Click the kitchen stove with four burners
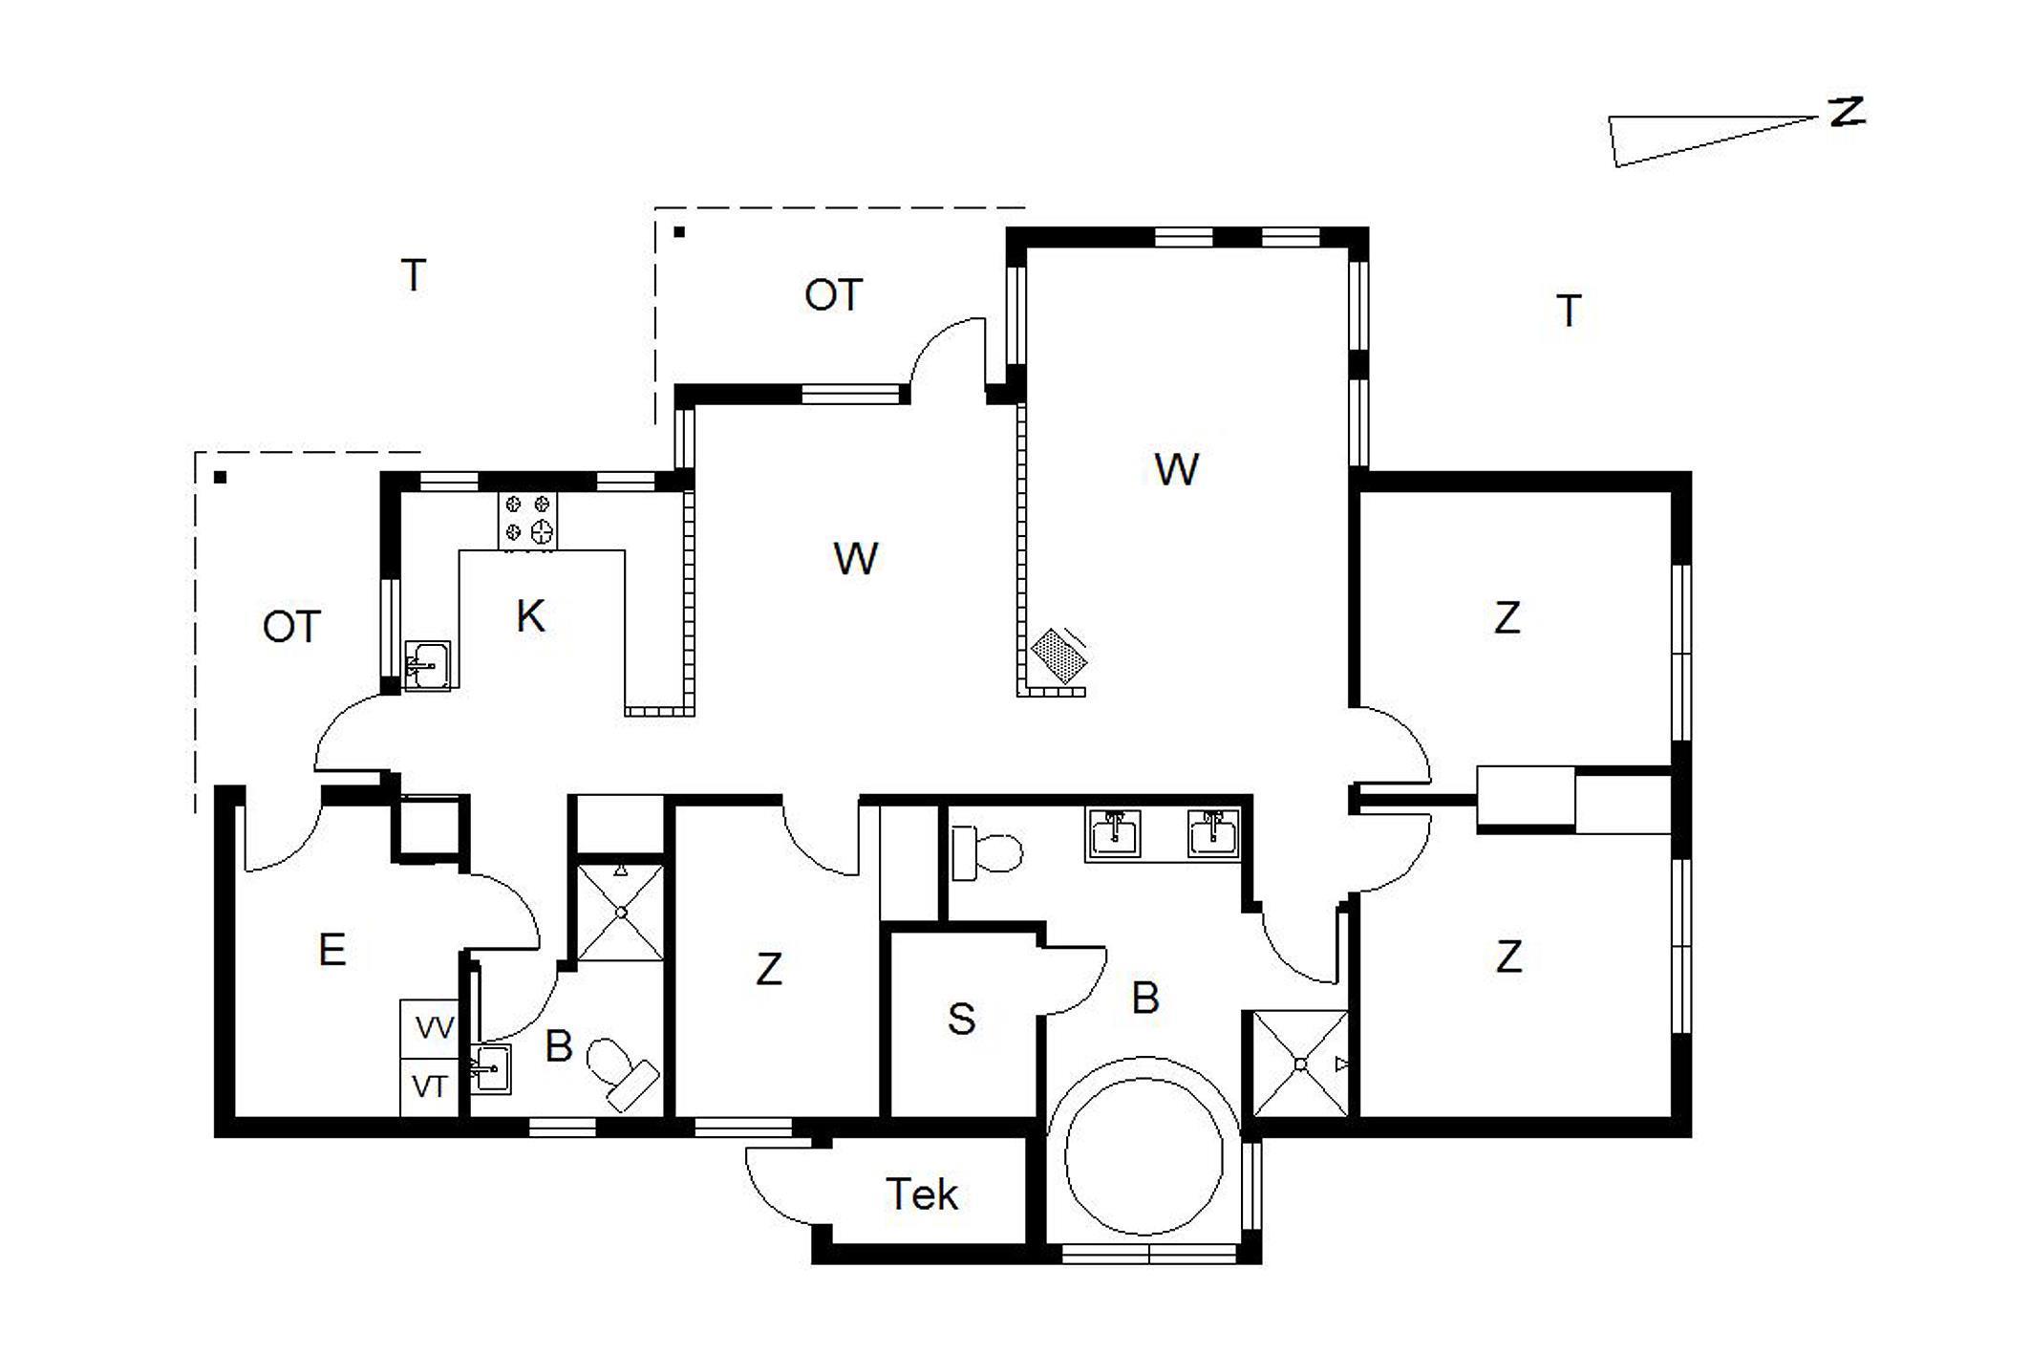coord(527,521)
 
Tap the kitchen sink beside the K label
coord(427,664)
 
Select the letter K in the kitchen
coord(530,616)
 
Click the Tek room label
coord(921,1194)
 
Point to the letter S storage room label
coord(961,1020)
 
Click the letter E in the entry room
coord(331,950)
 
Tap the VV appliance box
coord(430,1029)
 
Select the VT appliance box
coord(430,1087)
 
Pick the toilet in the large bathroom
coord(987,852)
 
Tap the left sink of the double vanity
coord(1114,834)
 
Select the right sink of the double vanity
coord(1213,834)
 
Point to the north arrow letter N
coord(1847,113)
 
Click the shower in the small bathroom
coord(621,913)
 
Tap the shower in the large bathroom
coord(1300,1064)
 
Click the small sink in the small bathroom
coord(491,1068)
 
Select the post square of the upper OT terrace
coord(679,231)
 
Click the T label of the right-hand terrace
coord(1569,311)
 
